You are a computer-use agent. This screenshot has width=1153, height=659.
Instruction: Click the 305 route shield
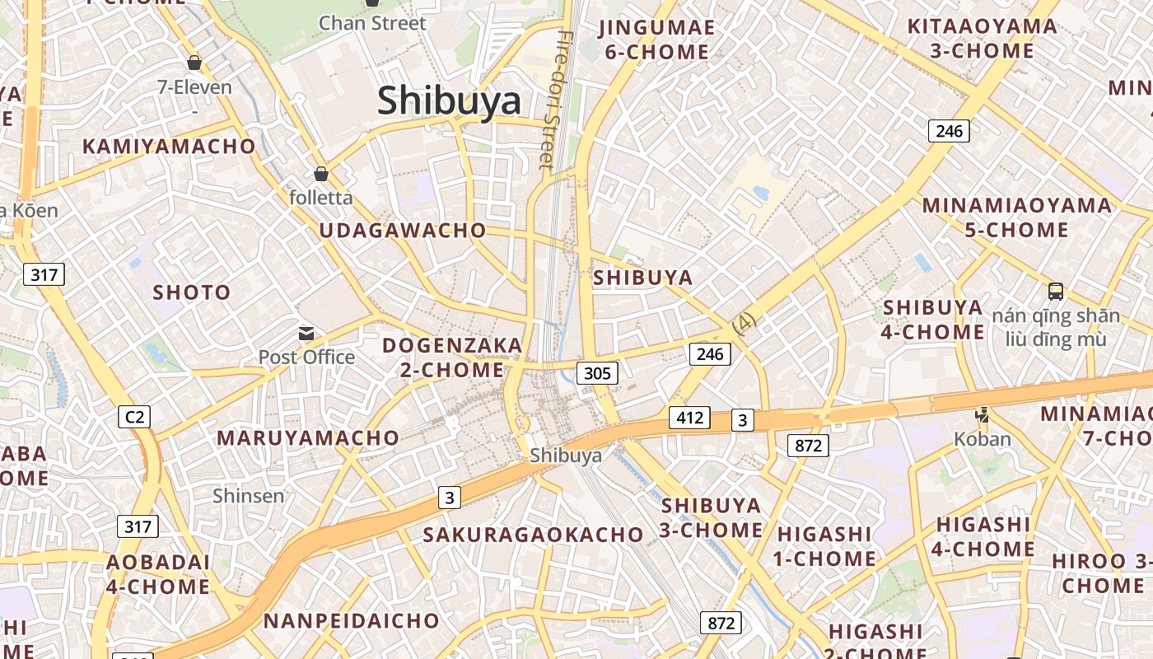click(597, 373)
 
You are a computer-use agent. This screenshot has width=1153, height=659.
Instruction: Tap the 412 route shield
click(689, 417)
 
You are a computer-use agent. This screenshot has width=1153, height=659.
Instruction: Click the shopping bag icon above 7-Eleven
click(194, 63)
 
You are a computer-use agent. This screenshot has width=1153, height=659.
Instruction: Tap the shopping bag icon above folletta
click(321, 174)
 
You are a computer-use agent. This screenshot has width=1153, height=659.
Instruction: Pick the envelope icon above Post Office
click(306, 334)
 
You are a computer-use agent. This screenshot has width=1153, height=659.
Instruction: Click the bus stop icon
click(1056, 291)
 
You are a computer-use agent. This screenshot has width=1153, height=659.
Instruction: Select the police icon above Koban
click(982, 414)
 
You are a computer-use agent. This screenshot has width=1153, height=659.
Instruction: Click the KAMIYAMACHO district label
click(169, 147)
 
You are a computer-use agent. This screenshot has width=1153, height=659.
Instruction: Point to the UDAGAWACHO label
click(403, 231)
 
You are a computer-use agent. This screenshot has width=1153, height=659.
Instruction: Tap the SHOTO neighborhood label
click(192, 292)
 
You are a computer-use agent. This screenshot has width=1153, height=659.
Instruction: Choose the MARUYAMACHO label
click(308, 437)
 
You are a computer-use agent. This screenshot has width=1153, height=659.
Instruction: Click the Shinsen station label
click(248, 496)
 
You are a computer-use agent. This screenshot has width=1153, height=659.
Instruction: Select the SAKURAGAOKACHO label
click(533, 535)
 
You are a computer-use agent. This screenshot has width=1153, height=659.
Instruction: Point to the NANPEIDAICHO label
click(352, 620)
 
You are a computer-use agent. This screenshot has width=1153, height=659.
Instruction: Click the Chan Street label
click(372, 23)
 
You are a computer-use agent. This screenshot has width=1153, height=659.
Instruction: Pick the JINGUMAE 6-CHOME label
click(656, 40)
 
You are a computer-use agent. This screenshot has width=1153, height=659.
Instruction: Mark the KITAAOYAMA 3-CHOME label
click(981, 38)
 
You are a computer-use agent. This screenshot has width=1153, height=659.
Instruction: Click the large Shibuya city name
click(450, 100)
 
